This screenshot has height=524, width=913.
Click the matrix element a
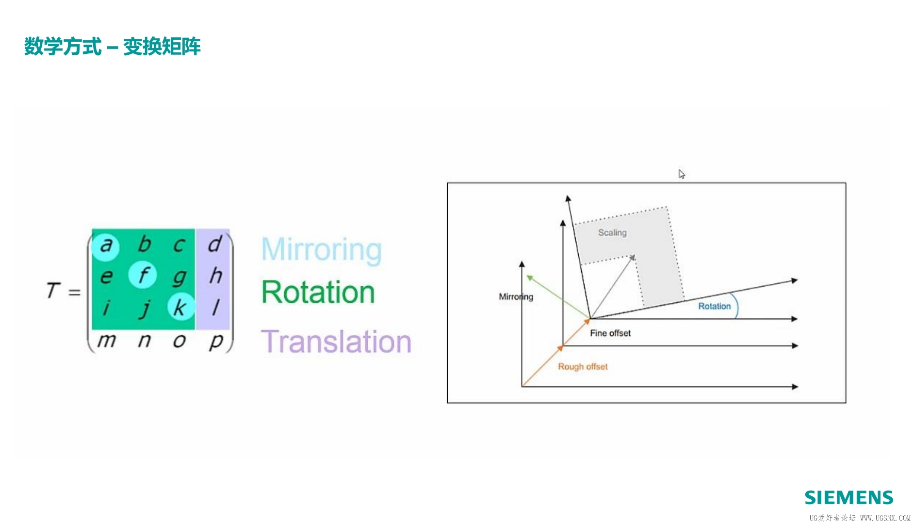(x=106, y=246)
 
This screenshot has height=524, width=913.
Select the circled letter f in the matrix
(x=143, y=275)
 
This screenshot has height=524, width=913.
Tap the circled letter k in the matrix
(x=179, y=307)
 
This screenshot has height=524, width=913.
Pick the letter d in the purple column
(x=215, y=244)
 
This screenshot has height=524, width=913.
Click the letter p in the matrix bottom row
(x=215, y=342)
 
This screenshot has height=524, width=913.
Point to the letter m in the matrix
(x=107, y=341)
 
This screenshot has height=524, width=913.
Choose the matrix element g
(x=179, y=277)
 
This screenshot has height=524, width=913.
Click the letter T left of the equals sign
(x=53, y=290)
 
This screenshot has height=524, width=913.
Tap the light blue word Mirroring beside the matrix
(x=321, y=250)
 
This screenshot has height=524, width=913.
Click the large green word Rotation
(x=318, y=292)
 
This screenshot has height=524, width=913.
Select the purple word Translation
(x=336, y=341)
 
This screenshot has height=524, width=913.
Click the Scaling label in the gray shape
(x=612, y=232)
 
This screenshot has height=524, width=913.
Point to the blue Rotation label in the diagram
(x=714, y=306)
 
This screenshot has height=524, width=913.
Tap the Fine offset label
(x=610, y=333)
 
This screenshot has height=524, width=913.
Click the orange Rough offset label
(x=583, y=366)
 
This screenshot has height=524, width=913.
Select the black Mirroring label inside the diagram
(x=516, y=296)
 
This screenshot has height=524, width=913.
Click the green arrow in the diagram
(x=558, y=297)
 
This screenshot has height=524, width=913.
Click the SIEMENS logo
(x=849, y=498)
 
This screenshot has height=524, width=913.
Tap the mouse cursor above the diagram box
(x=682, y=174)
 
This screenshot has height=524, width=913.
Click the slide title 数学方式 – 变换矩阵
(x=112, y=47)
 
